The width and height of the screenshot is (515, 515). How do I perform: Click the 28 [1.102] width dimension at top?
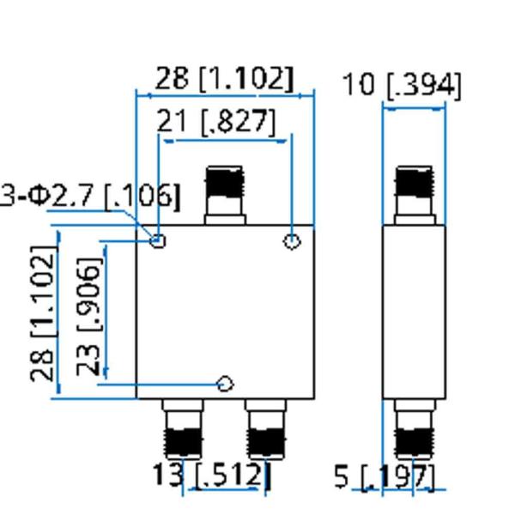point(224,79)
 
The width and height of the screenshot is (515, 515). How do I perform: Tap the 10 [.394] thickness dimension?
point(402,85)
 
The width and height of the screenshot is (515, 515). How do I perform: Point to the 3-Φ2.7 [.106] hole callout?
point(89,196)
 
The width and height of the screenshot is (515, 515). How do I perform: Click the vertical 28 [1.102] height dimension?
point(43,313)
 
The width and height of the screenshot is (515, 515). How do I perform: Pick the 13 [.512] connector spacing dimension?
point(211,474)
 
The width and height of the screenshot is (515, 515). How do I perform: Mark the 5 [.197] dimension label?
point(384,476)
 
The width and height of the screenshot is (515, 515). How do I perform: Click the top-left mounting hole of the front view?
point(158,240)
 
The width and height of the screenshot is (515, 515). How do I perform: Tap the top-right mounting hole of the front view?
point(292,241)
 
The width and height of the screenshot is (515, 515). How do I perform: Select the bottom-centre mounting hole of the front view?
point(225,384)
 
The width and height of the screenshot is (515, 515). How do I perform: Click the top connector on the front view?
point(225,194)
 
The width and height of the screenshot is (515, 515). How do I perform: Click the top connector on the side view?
point(414,194)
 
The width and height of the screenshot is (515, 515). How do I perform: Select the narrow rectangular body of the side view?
point(414,312)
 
